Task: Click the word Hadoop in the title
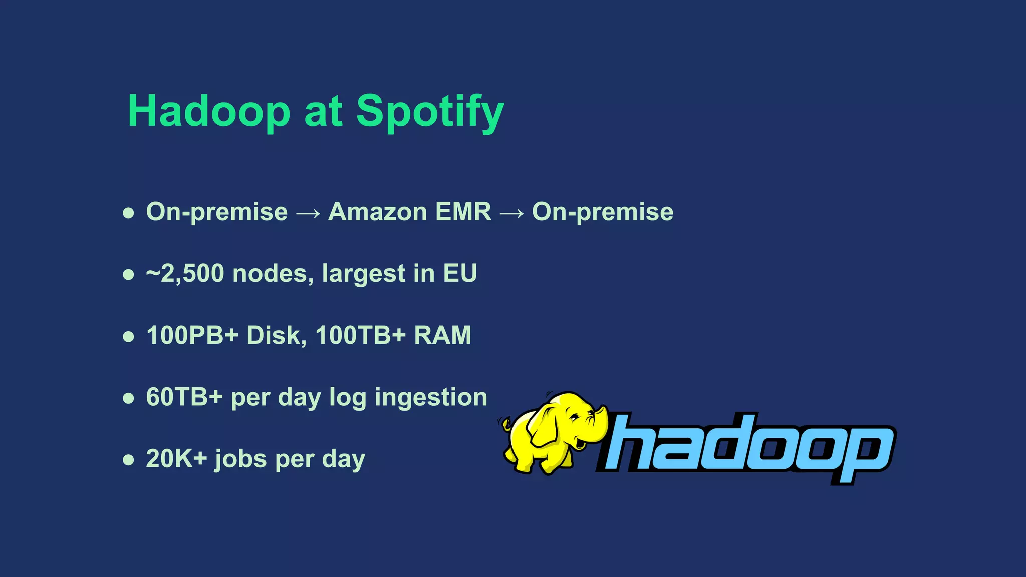click(x=209, y=111)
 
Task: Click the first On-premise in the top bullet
click(x=216, y=212)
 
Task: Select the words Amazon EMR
click(x=409, y=212)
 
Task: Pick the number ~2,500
click(x=185, y=273)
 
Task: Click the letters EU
click(x=459, y=273)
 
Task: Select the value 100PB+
click(x=192, y=335)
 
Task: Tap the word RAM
click(x=442, y=335)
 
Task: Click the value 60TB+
click(x=184, y=397)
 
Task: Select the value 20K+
click(x=176, y=459)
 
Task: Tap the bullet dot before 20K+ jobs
click(x=129, y=460)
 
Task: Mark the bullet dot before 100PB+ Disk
click(x=129, y=336)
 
